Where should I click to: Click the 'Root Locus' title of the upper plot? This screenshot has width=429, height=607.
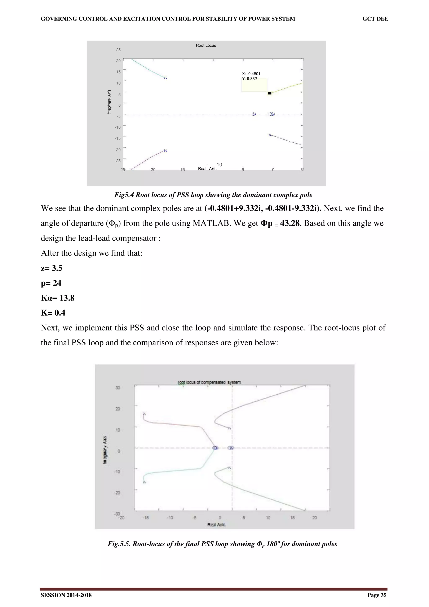click(x=206, y=45)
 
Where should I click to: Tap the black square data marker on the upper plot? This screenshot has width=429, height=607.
click(x=270, y=93)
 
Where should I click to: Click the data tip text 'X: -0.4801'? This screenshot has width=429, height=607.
click(x=251, y=74)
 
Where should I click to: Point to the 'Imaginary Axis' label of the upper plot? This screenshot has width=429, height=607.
click(x=109, y=102)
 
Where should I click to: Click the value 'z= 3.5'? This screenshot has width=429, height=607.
click(x=52, y=268)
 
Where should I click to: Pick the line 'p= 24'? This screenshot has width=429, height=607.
click(x=51, y=283)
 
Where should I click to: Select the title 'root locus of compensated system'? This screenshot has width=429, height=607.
click(x=209, y=382)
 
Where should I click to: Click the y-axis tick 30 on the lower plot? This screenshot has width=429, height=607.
click(x=118, y=387)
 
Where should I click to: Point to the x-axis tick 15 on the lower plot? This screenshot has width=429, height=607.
click(x=292, y=518)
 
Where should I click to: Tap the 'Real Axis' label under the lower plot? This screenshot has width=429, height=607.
click(x=216, y=524)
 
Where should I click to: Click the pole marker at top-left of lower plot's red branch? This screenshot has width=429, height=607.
click(x=144, y=414)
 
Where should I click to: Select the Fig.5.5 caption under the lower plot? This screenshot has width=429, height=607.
click(x=222, y=544)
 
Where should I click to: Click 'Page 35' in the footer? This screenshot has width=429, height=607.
click(x=377, y=595)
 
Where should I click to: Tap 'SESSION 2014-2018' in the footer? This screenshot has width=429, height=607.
click(x=66, y=595)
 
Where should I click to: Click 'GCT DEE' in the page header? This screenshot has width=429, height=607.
click(x=375, y=19)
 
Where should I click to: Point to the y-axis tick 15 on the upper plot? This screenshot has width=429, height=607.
click(x=118, y=72)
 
